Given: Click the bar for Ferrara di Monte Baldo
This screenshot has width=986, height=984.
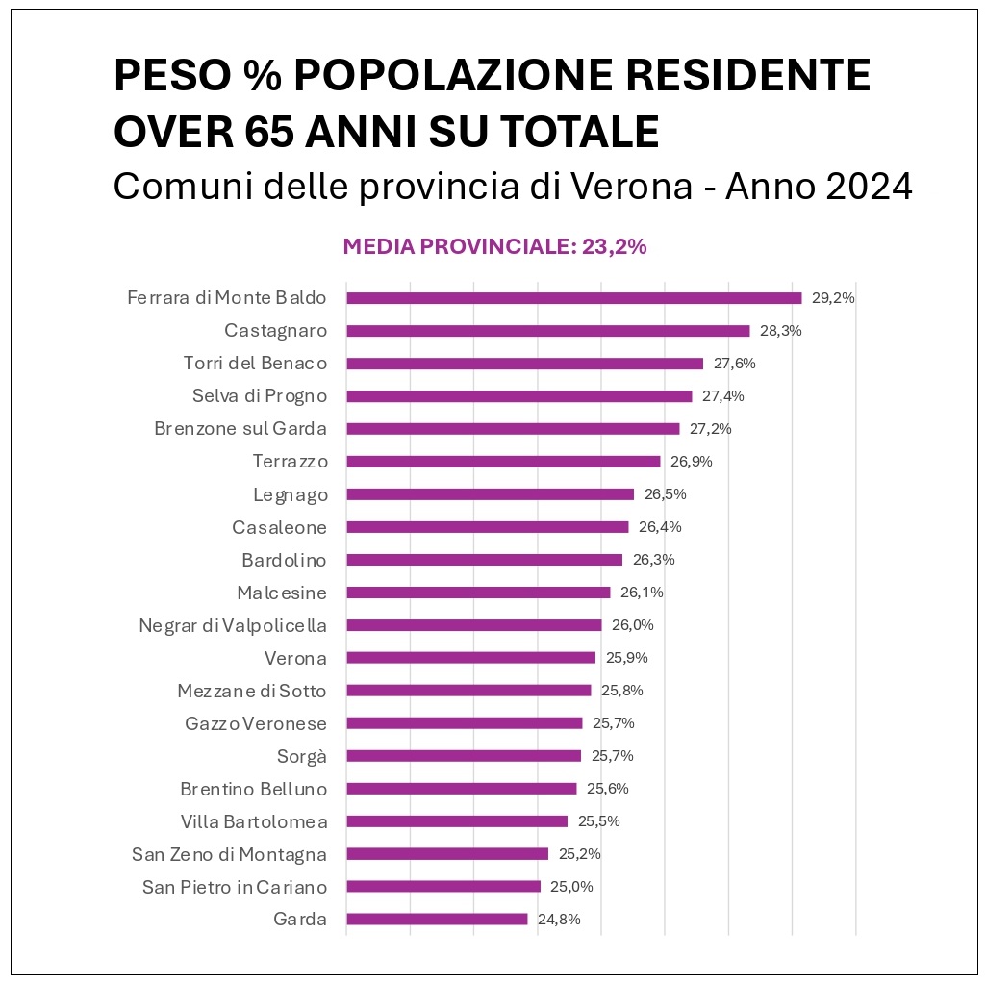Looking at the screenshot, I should (573, 298).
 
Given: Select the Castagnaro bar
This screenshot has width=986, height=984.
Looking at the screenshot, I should (547, 331).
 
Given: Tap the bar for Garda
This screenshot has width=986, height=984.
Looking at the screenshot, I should (437, 919).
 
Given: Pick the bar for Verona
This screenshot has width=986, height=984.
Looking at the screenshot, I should (470, 658).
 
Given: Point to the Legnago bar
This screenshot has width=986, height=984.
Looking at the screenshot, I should (490, 494).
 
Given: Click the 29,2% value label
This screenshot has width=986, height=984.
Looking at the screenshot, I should (833, 298).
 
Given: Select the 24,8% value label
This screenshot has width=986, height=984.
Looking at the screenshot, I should (559, 919).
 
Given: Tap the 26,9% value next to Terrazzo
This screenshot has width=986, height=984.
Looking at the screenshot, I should (692, 462).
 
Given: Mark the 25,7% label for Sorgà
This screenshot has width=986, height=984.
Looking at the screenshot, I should (613, 756).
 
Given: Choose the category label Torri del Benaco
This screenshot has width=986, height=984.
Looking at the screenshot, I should (255, 364).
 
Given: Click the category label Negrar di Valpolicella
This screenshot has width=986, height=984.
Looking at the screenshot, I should (233, 625).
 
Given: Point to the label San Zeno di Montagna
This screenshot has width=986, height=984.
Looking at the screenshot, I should (229, 854).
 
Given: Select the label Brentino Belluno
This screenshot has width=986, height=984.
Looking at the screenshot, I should (254, 789).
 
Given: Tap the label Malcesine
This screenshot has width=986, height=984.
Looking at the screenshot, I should (282, 593).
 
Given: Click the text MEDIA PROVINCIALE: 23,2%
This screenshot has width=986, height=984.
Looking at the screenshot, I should (494, 246).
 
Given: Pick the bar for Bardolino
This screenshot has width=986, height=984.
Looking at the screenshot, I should (484, 560).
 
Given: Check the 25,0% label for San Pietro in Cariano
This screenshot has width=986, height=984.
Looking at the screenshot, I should (572, 886).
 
